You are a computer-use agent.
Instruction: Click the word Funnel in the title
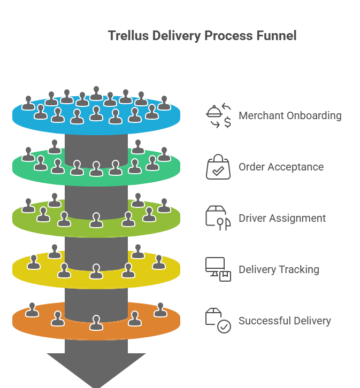coord(275,36)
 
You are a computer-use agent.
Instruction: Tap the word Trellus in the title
coord(127,36)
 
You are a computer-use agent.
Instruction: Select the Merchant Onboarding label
coord(290,115)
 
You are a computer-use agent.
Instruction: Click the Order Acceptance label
coord(281,167)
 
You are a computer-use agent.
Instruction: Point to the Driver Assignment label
coord(282,218)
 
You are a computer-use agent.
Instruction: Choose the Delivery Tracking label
coord(279,269)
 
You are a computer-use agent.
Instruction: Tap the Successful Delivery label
coord(285,321)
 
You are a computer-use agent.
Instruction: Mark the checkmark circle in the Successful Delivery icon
coord(224,327)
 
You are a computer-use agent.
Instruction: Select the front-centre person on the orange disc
coord(96,323)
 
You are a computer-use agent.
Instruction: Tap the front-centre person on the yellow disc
coord(96,271)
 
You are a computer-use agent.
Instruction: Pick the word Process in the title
coord(227,36)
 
